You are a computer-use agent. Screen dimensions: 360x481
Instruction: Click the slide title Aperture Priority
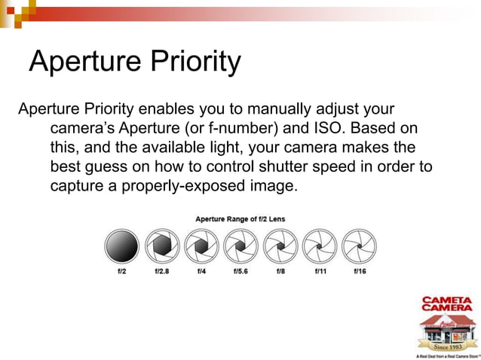(134, 62)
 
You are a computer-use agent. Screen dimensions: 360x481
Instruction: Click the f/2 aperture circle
(121, 246)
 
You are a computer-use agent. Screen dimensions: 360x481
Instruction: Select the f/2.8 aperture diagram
(161, 246)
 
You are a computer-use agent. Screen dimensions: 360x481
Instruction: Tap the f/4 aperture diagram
(201, 246)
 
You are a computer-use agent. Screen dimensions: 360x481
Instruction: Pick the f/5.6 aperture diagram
(240, 246)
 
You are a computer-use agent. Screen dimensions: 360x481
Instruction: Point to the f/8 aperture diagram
(280, 246)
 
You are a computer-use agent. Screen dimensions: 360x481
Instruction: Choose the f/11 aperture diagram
(320, 246)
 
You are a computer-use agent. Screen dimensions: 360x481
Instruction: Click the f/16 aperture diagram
(360, 246)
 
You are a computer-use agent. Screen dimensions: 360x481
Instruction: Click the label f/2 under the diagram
(121, 271)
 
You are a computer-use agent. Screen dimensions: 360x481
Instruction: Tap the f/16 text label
(360, 271)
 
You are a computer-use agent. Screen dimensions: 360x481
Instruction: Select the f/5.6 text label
(240, 271)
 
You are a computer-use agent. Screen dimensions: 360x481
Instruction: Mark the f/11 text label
(320, 271)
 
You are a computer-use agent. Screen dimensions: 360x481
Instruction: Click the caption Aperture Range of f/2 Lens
(240, 219)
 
